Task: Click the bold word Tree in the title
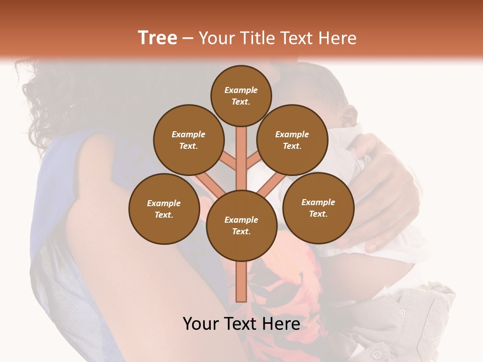pos(157,38)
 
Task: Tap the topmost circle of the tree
pos(241,96)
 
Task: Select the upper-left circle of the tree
pos(188,140)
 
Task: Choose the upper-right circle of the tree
pos(292,140)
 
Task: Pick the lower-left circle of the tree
pos(164,209)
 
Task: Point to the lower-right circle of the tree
pos(318,208)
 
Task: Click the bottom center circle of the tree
pos(242,226)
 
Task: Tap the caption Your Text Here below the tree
pos(241,324)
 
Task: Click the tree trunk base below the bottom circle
pos(242,282)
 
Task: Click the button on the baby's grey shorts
pos(402,313)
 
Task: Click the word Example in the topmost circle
pos(241,90)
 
